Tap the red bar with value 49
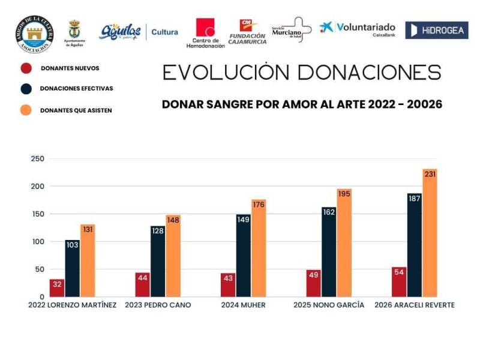coord(314,283)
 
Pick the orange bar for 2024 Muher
coord(259,248)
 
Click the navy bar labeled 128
coord(158,262)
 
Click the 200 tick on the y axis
coord(37,187)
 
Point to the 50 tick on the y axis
coord(39,269)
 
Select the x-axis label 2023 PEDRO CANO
coord(158,305)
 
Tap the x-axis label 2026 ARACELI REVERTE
coord(414,305)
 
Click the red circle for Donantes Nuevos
coord(26,68)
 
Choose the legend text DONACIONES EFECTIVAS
coord(76,88)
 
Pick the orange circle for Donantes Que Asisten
coord(26,110)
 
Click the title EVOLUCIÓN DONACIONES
coord(302,73)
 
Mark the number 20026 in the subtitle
coord(424,104)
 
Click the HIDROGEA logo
coord(436,30)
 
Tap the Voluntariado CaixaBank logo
coord(358,29)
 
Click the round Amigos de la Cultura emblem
coord(34,33)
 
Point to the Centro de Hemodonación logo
coord(205,33)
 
